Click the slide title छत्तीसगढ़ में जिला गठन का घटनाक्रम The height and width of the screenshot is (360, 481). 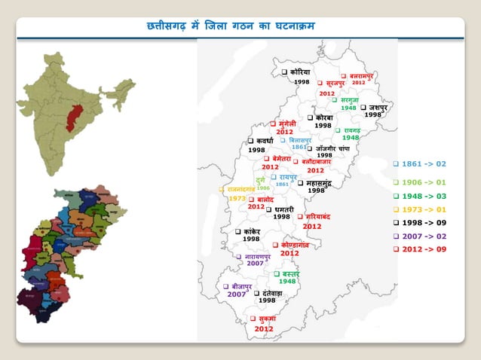pos(231,26)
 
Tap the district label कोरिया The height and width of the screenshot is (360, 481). pos(299,72)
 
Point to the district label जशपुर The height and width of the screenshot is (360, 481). pos(376,107)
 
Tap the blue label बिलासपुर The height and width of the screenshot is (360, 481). pos(302,139)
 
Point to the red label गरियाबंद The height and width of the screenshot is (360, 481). pos(314,217)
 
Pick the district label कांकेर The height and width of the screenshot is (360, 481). pos(252,231)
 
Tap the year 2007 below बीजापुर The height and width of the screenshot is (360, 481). pos(237,294)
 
